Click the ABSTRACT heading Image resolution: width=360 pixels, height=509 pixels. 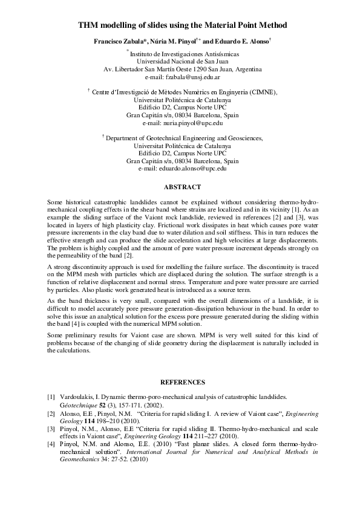[182, 187]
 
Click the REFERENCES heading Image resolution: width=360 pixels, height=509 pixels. [182, 382]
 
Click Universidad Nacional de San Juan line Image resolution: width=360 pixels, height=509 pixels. [182, 62]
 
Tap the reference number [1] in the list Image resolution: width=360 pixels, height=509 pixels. [51, 397]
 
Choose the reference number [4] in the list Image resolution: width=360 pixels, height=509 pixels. [51, 444]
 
